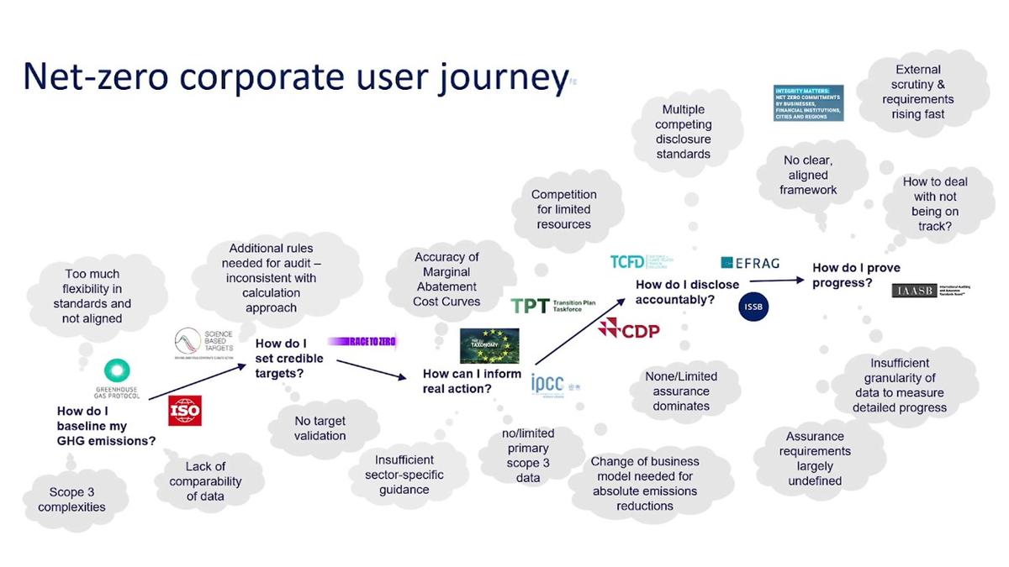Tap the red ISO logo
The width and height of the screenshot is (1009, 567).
[185, 411]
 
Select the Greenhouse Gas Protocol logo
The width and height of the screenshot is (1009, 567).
[117, 379]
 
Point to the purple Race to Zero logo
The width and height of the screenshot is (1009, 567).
[362, 341]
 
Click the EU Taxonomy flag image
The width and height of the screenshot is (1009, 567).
[489, 345]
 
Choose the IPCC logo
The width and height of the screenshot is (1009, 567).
[555, 385]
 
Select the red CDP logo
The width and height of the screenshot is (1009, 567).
[628, 329]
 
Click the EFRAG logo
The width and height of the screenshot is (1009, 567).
[750, 263]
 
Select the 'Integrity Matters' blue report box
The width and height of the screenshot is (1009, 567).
[808, 102]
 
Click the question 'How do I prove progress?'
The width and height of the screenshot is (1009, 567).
[856, 276]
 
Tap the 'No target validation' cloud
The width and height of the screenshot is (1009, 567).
[320, 428]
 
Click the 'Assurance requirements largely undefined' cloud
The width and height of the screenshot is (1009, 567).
[815, 459]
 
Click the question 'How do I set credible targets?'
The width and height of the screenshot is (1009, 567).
[289, 358]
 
